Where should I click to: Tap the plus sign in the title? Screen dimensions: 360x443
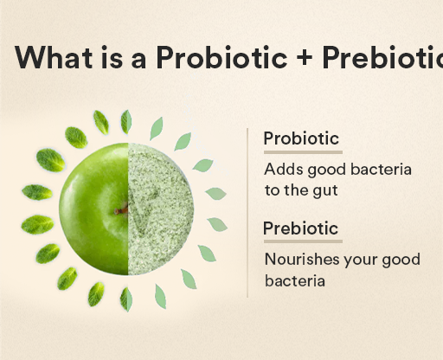(303, 57)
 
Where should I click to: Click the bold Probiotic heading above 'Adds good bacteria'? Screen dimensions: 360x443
(300, 138)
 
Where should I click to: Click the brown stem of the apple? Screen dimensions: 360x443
(121, 209)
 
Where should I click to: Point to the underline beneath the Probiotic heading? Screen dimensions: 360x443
(300, 151)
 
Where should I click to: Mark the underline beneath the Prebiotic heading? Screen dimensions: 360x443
(302, 241)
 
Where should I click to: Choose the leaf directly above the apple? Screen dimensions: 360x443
(126, 121)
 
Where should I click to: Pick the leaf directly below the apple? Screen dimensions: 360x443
(126, 299)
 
